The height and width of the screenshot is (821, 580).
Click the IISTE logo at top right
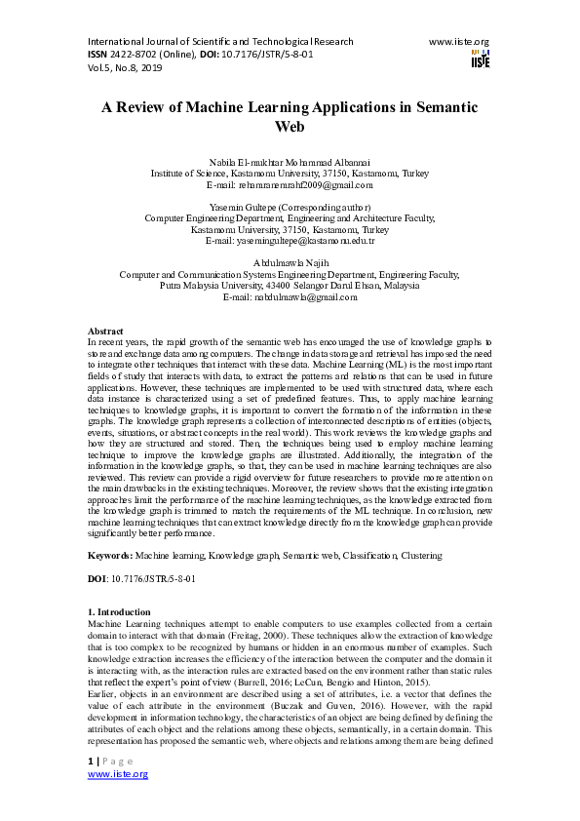point(480,59)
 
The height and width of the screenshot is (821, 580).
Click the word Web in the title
point(290,127)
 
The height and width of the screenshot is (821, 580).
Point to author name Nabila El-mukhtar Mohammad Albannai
point(290,160)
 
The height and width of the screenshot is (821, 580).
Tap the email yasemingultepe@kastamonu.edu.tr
point(290,241)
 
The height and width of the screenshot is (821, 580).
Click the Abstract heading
point(105,332)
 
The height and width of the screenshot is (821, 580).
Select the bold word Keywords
point(109,555)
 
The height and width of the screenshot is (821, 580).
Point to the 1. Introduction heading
point(120,611)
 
